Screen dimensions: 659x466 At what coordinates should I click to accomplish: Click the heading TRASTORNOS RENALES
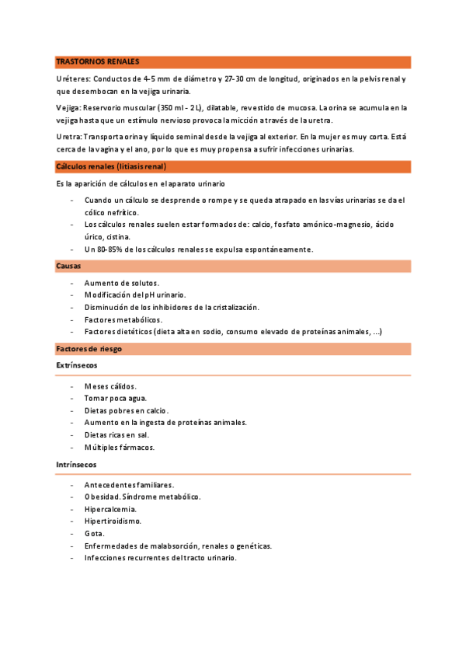(x=98, y=62)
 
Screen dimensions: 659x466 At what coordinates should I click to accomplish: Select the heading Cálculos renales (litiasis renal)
(x=111, y=166)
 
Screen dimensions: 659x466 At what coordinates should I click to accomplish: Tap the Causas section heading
(x=69, y=266)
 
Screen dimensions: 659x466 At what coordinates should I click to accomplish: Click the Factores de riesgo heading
(x=89, y=349)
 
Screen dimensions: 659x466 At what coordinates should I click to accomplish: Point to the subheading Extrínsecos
(x=77, y=364)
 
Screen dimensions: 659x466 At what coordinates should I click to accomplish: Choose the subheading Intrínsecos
(x=77, y=464)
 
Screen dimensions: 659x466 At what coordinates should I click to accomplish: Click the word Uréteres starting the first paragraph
(x=73, y=79)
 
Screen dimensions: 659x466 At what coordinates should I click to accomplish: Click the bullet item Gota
(x=95, y=534)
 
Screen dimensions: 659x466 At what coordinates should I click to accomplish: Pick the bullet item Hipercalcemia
(x=110, y=509)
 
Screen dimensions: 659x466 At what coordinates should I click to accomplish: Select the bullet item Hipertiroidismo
(x=113, y=521)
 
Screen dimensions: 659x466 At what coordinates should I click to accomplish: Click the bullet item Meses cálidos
(x=110, y=385)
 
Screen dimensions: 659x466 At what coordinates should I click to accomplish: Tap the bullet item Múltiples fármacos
(x=120, y=448)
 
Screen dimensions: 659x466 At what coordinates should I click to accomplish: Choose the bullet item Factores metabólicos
(x=123, y=319)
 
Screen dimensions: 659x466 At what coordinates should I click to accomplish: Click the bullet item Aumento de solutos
(x=122, y=283)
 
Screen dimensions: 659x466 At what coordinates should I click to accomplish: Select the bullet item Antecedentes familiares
(x=129, y=485)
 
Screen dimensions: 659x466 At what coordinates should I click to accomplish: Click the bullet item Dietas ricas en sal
(x=116, y=435)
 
